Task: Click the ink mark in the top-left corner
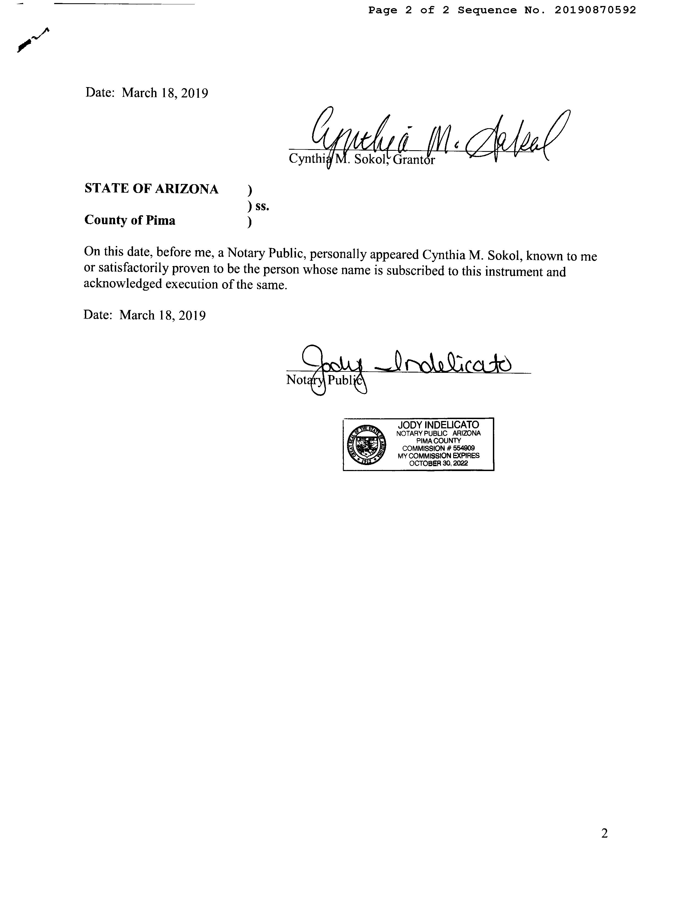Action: pos(33,40)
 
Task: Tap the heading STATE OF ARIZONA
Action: pos(151,189)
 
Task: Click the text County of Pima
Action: pos(130,220)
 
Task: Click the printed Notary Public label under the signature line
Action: pos(325,380)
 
